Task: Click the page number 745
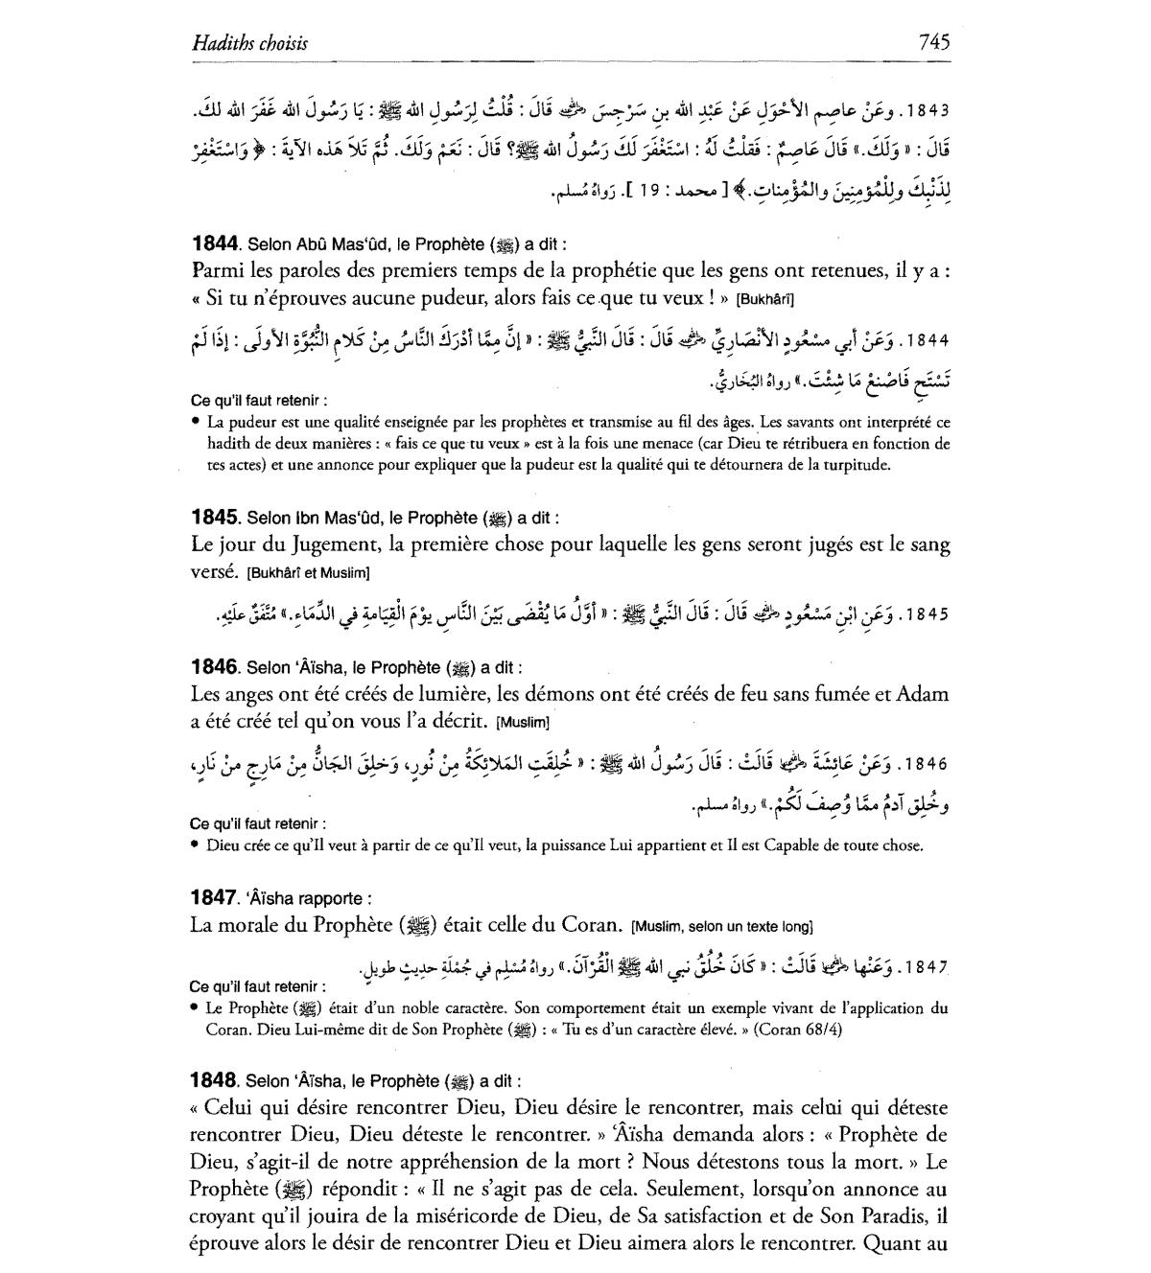pyautogui.click(x=933, y=41)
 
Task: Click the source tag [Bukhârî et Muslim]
pyautogui.click(x=308, y=573)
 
